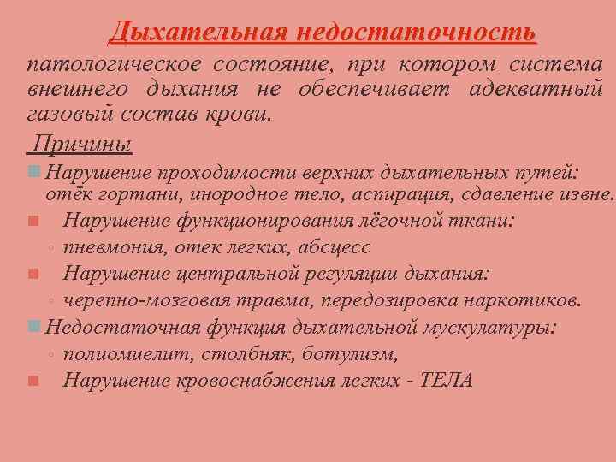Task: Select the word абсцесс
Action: [x=335, y=247]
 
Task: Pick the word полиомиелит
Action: [x=115, y=353]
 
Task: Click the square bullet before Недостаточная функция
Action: [x=33, y=327]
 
